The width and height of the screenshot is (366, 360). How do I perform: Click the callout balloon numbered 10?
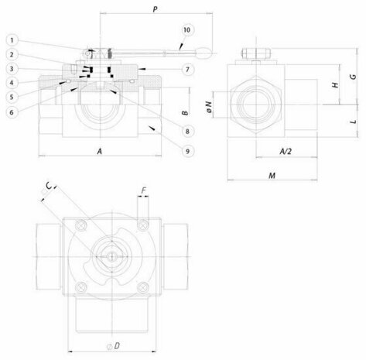(186, 30)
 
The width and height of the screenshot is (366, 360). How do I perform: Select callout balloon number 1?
(12, 40)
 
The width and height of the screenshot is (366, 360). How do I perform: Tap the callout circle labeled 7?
(187, 70)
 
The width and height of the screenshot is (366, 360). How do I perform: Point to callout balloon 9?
(187, 151)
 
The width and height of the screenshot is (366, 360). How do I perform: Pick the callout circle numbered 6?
(12, 112)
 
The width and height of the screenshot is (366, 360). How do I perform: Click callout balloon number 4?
(12, 83)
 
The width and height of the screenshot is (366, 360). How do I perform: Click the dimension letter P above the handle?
(155, 9)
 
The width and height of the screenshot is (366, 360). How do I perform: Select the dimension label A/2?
(286, 151)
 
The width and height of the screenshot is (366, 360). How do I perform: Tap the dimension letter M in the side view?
(272, 176)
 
